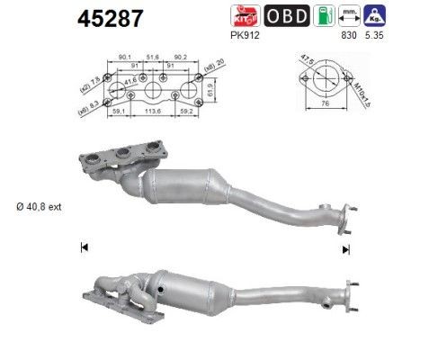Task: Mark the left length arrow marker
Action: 83,247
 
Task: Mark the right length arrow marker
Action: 344,247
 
